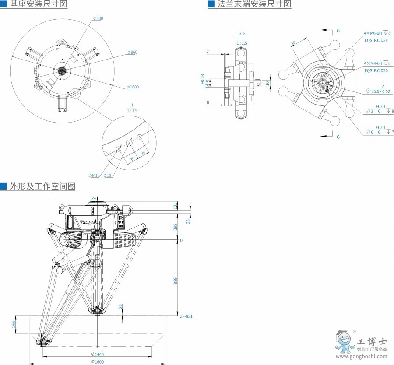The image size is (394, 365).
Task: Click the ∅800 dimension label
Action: click(x=98, y=18)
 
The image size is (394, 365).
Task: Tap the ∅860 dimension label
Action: click(x=132, y=52)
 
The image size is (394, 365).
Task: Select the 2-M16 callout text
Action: click(x=94, y=175)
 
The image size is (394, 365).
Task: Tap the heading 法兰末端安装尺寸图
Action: click(x=253, y=4)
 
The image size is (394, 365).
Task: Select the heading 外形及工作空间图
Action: click(x=42, y=186)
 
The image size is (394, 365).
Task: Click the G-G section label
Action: click(x=242, y=33)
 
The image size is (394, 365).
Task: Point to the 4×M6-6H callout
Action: click(x=376, y=33)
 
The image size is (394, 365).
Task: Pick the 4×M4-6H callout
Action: click(x=376, y=63)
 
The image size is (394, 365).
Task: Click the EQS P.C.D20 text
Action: click(x=375, y=70)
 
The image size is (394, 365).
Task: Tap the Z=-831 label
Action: click(x=186, y=316)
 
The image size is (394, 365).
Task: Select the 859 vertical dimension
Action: click(x=176, y=280)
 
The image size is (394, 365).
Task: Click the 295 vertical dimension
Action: click(x=176, y=227)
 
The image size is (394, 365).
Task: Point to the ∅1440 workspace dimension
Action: click(x=97, y=354)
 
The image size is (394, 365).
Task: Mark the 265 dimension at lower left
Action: click(x=14, y=324)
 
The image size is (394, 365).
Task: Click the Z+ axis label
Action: click(x=94, y=198)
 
